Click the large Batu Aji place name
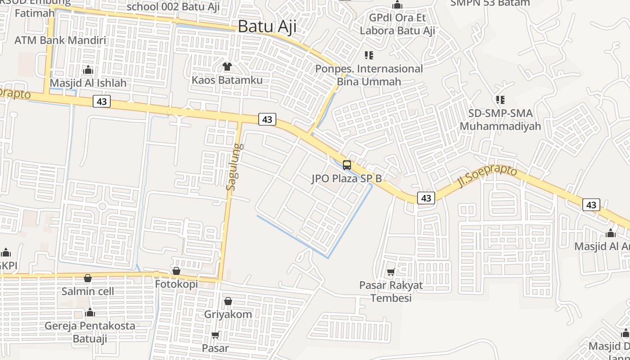[x=267, y=27]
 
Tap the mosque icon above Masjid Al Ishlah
[x=88, y=70]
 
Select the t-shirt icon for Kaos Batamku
[x=227, y=67]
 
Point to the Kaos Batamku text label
[x=227, y=80]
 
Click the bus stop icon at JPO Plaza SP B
[x=346, y=165]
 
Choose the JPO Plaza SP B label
[x=346, y=179]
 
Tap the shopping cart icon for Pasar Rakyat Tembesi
[x=391, y=272]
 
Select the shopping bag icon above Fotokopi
[x=176, y=271]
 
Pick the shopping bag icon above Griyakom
[x=228, y=301]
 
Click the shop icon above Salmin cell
[x=88, y=278]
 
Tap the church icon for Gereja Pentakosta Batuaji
[x=90, y=312]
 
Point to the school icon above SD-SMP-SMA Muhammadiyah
[x=500, y=99]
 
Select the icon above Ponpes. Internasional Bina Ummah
[x=369, y=55]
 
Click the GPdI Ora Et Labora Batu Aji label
[x=397, y=24]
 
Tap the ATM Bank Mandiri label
[x=60, y=40]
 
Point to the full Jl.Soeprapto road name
[x=487, y=175]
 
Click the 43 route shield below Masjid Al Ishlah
[x=102, y=101]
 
